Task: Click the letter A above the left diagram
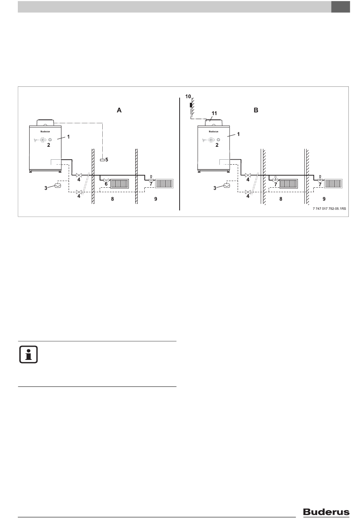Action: pyautogui.click(x=119, y=110)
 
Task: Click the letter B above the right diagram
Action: pyautogui.click(x=256, y=110)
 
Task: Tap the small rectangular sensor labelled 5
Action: pyautogui.click(x=102, y=160)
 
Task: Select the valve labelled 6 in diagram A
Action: pyautogui.click(x=106, y=180)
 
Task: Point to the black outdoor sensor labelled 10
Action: pyautogui.click(x=191, y=105)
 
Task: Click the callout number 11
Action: pyautogui.click(x=214, y=113)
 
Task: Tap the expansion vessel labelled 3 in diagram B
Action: pyautogui.click(x=227, y=185)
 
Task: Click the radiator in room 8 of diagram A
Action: pyautogui.click(x=119, y=184)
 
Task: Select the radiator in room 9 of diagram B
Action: pyautogui.click(x=333, y=184)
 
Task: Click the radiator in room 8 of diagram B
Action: pyautogui.click(x=289, y=184)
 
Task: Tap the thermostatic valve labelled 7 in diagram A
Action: pyautogui.click(x=151, y=179)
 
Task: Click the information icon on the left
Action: pyautogui.click(x=28, y=355)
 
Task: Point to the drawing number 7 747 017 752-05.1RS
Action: pyautogui.click(x=329, y=209)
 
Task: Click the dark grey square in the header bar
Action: pyautogui.click(x=340, y=7)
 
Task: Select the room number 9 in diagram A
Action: pyautogui.click(x=156, y=199)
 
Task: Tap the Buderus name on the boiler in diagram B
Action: pyautogui.click(x=213, y=132)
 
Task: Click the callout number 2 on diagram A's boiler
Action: pyautogui.click(x=49, y=145)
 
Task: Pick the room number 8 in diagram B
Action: pyautogui.click(x=281, y=199)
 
